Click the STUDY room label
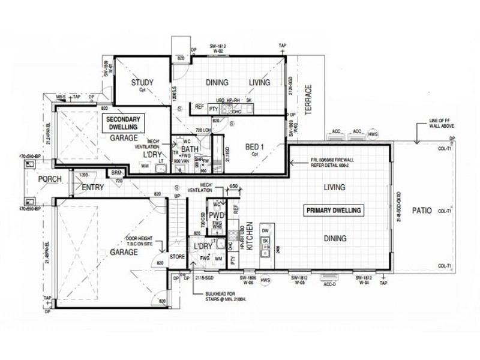coord(142,83)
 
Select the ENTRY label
coord(93,187)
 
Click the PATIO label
coord(424,211)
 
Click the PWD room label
coord(216,214)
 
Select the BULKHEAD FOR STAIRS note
coord(225,298)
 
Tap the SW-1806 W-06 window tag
coord(248,281)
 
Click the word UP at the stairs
coord(177,196)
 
